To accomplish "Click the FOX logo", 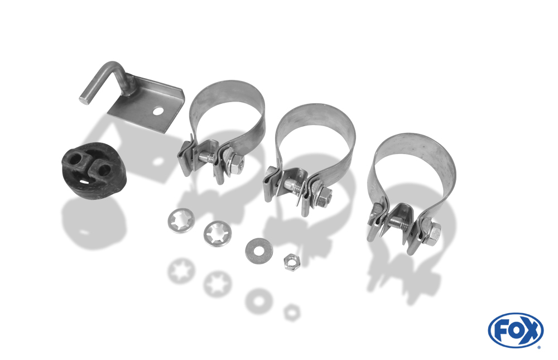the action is point(516,330).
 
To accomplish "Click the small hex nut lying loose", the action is point(291,262).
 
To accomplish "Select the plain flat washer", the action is point(259,251).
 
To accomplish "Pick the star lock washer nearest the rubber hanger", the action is point(181,221).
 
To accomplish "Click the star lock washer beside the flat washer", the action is point(218,234).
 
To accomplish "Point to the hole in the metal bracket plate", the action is point(158,112).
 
